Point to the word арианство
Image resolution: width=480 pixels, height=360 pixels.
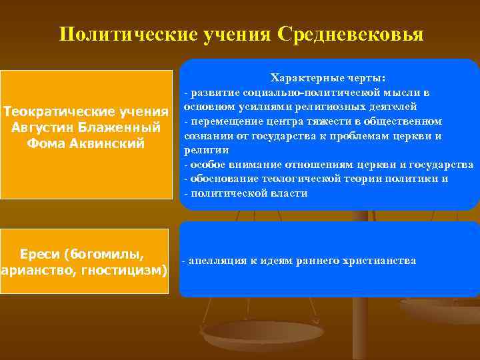[33, 271]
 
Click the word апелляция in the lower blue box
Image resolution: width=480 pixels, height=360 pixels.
[219, 261]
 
